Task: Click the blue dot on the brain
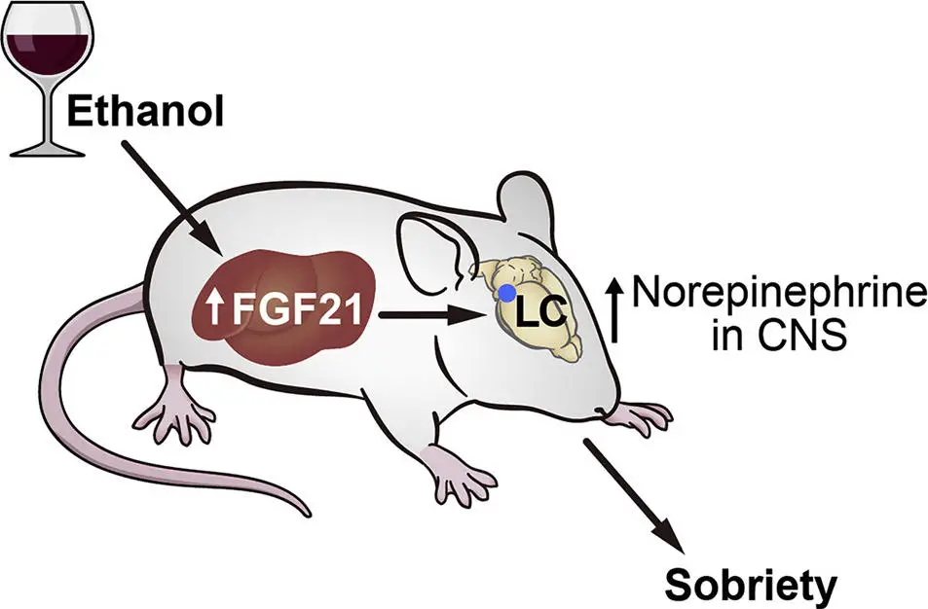pos(505,292)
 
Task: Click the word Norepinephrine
pos(776,292)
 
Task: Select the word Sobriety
pos(751,584)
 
